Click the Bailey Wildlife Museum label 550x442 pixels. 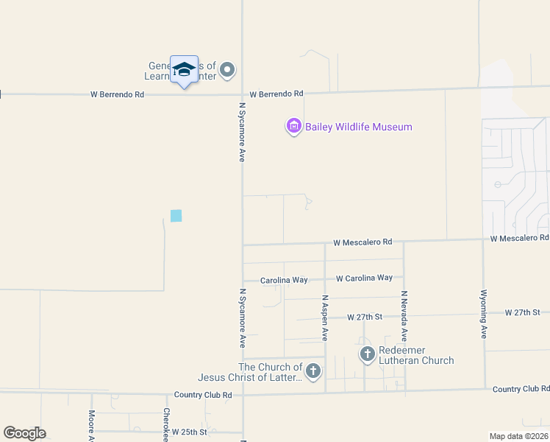tap(358, 127)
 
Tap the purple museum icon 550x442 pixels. tap(293, 127)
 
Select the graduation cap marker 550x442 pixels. tap(184, 70)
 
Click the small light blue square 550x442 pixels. tap(176, 216)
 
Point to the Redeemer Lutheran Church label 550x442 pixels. tap(416, 355)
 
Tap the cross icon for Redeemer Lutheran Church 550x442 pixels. tap(368, 354)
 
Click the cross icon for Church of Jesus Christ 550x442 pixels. tap(313, 371)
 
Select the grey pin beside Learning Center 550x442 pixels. tap(227, 70)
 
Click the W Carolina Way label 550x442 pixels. tap(364, 278)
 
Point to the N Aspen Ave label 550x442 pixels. tap(324, 318)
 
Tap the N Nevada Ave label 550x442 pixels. tap(404, 315)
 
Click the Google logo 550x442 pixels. tap(24, 433)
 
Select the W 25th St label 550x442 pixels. tap(185, 432)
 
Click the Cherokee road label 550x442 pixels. tap(167, 424)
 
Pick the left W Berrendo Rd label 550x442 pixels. tap(118, 94)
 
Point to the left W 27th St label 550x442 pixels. tap(365, 317)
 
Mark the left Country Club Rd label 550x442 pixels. tap(203, 395)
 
